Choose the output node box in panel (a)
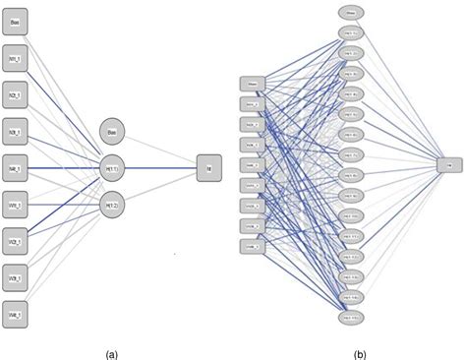coord(208,168)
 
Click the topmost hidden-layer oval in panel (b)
coord(350,12)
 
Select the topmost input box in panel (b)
coord(252,83)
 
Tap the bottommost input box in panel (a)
coord(17,317)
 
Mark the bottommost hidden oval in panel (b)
coord(350,319)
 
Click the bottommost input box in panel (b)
coord(252,248)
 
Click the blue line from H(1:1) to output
coord(162,168)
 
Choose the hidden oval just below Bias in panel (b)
coord(350,32)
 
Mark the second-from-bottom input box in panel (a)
coord(17,279)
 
